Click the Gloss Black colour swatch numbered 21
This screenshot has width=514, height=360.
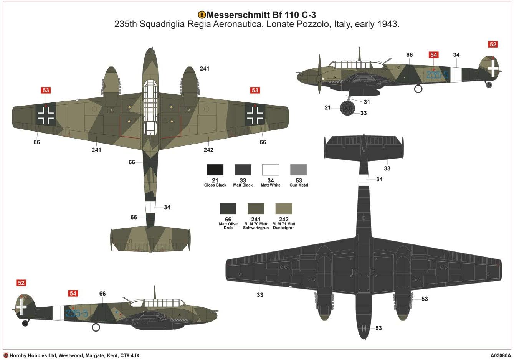point(215,170)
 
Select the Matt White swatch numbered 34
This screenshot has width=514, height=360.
point(271,170)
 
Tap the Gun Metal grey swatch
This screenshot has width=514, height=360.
point(299,170)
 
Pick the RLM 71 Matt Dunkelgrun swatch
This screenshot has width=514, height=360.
point(284,208)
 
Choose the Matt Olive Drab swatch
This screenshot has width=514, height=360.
point(228,208)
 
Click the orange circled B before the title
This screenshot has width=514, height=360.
point(202,15)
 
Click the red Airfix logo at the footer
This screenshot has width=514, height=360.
point(6,355)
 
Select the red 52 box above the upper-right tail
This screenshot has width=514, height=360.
point(493,44)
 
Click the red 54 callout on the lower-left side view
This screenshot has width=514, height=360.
point(73,294)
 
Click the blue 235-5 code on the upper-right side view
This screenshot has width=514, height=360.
point(437,75)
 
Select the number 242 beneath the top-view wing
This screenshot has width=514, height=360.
point(208,150)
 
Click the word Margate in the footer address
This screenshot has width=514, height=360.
point(92,355)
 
